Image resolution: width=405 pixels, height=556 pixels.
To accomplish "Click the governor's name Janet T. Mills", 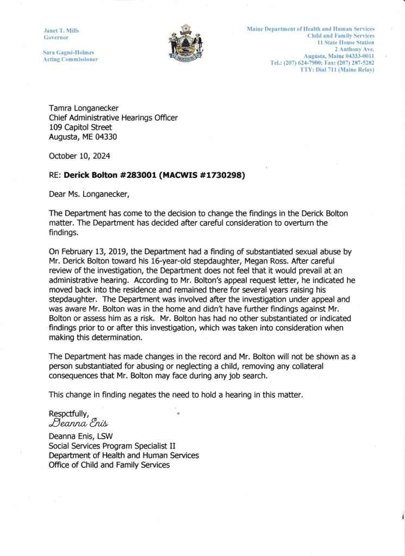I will click(x=61, y=30).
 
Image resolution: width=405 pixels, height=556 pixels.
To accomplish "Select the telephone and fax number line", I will click(x=322, y=63).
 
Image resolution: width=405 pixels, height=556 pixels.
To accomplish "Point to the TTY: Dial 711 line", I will click(x=337, y=70).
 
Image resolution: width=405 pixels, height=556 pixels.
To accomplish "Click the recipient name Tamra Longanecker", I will click(x=84, y=108).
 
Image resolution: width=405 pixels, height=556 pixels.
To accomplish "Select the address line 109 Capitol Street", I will click(x=80, y=128).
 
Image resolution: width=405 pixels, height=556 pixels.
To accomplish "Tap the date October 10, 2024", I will click(x=79, y=156).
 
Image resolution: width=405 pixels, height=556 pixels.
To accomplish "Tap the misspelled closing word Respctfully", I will click(x=72, y=413).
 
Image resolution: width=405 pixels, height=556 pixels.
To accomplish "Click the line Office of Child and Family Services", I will click(x=109, y=465).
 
